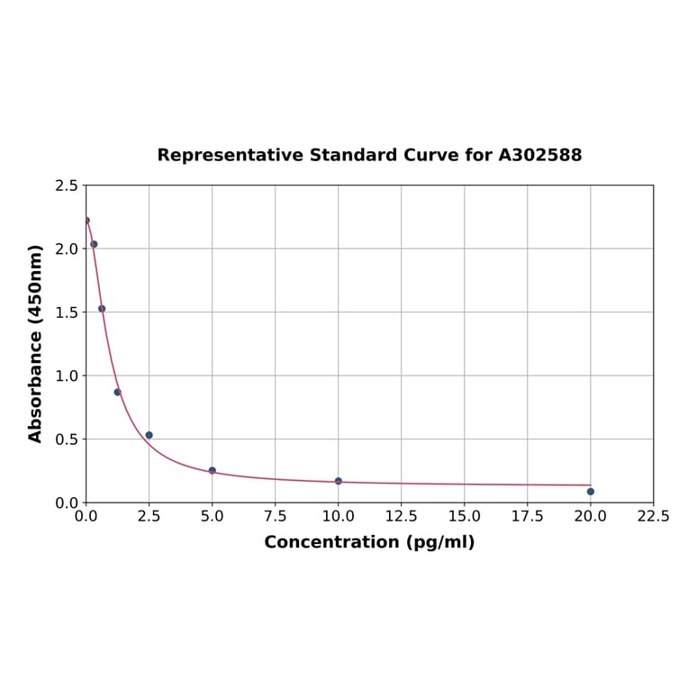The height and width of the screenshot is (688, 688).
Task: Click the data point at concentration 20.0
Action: pyautogui.click(x=590, y=491)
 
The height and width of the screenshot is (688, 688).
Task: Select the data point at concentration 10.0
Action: pyautogui.click(x=338, y=481)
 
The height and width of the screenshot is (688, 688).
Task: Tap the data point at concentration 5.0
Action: pyautogui.click(x=212, y=470)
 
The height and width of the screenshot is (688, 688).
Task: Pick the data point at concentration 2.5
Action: pyautogui.click(x=149, y=435)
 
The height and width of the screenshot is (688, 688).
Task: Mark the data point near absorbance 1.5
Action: pyautogui.click(x=102, y=308)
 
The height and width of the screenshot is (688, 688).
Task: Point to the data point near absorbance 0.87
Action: pyautogui.click(x=117, y=392)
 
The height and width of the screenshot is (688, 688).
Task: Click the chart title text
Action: pyautogui.click(x=369, y=155)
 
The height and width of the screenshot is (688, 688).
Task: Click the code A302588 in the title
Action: pyautogui.click(x=539, y=155)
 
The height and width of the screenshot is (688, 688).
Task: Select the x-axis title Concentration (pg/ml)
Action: pyautogui.click(x=369, y=542)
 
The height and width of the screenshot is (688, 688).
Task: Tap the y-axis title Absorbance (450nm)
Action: pyautogui.click(x=36, y=343)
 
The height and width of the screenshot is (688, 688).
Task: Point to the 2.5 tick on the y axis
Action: pyautogui.click(x=66, y=186)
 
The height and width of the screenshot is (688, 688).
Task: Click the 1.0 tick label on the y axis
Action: pyautogui.click(x=66, y=376)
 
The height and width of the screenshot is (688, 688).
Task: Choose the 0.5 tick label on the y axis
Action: pyautogui.click(x=66, y=439)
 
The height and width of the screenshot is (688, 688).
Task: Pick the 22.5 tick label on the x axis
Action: pyautogui.click(x=653, y=517)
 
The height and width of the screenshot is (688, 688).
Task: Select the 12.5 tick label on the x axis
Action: pyautogui.click(x=401, y=517)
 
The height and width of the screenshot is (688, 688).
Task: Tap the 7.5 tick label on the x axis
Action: pyautogui.click(x=275, y=517)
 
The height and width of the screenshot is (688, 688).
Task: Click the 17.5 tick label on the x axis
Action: pyautogui.click(x=527, y=517)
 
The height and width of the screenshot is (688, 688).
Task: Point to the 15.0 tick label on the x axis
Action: pyautogui.click(x=464, y=517)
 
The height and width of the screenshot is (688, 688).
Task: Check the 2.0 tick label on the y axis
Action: pyautogui.click(x=66, y=249)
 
